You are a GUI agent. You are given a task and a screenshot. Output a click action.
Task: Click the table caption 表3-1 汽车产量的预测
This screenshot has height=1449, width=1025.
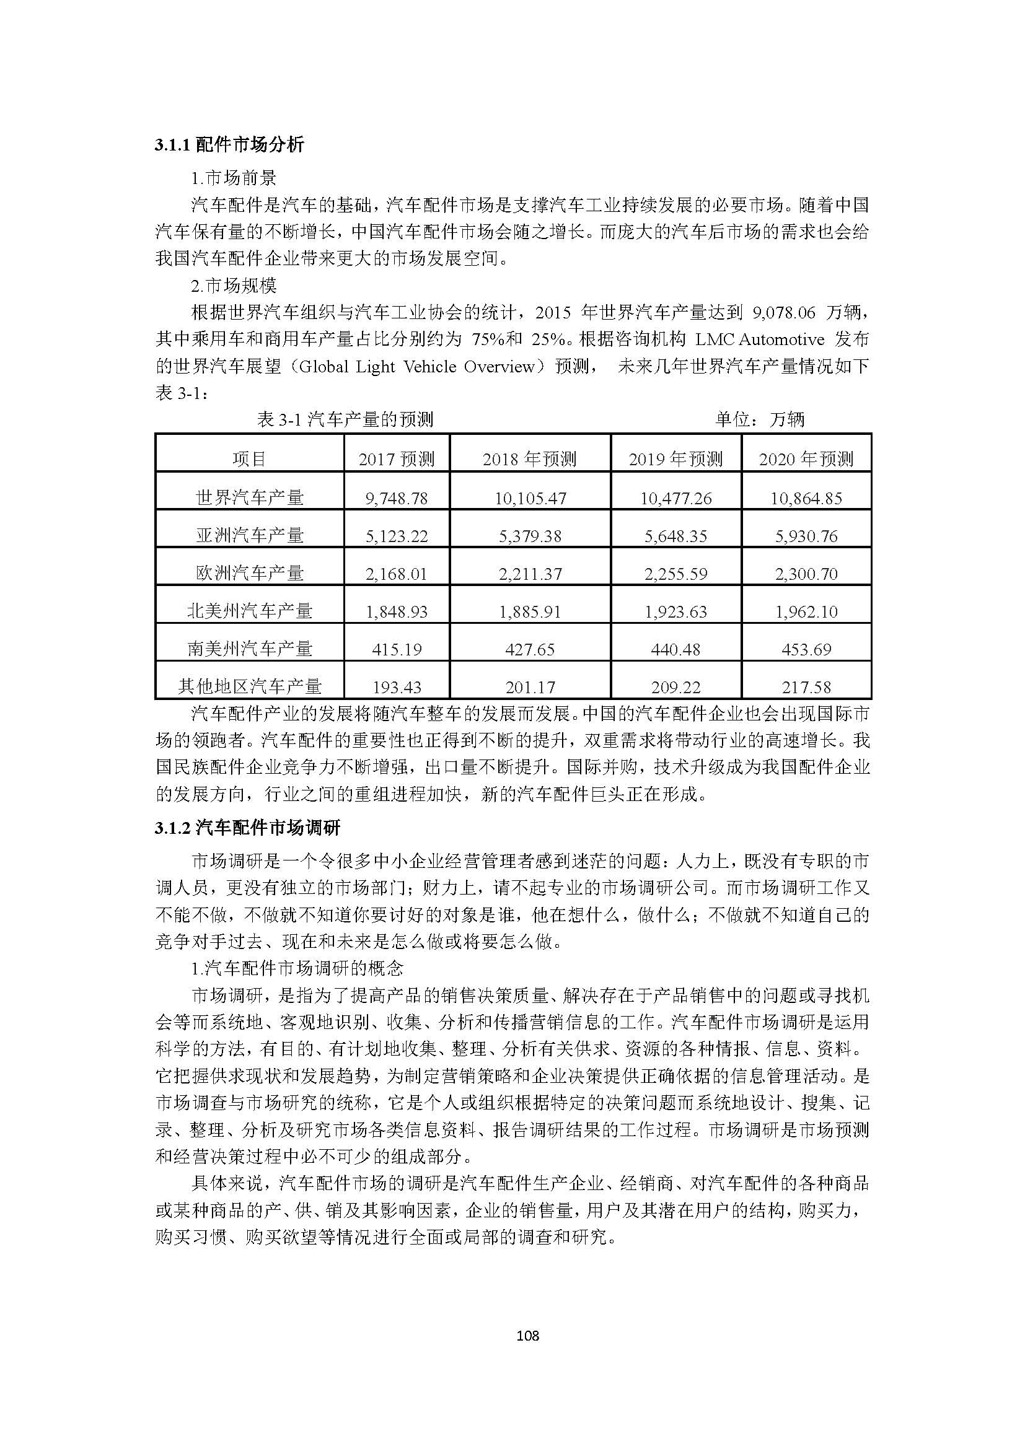point(345,419)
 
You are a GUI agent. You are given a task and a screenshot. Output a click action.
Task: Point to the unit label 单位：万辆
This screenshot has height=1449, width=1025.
point(759,419)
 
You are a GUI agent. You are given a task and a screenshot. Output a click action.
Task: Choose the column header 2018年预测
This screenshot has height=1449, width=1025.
point(529,459)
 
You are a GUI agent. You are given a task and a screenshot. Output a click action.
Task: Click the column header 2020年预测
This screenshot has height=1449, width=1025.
point(806,459)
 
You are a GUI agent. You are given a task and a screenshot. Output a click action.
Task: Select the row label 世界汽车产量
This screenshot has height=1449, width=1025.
point(249,497)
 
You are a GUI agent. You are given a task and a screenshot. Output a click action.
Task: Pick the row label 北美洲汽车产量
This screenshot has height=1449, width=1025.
point(249,611)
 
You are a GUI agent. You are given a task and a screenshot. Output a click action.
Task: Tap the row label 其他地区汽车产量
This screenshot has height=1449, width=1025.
point(249,686)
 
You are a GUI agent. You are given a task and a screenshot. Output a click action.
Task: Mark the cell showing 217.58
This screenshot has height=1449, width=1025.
point(806,686)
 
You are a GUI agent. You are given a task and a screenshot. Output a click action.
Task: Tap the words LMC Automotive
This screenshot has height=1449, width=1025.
point(759,339)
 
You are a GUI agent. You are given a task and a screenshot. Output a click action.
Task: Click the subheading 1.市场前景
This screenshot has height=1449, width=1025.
point(234,178)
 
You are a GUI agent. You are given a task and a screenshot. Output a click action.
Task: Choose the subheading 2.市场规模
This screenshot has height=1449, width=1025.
point(234,286)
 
